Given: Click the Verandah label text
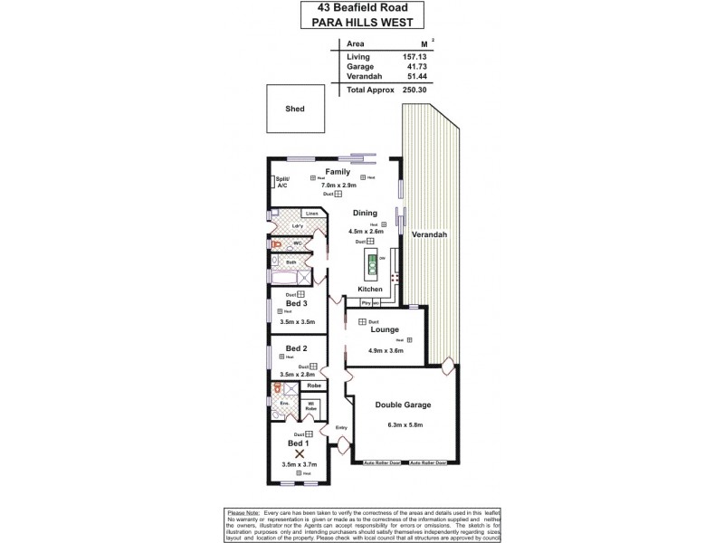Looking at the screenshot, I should click(x=428, y=234).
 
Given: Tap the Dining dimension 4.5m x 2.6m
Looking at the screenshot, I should click(x=366, y=231).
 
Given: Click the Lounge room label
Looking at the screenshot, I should click(x=379, y=331).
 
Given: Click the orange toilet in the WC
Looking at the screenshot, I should click(x=275, y=244).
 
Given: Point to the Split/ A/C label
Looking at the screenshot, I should click(x=281, y=182).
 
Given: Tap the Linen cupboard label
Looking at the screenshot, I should click(x=310, y=214).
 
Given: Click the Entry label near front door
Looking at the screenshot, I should click(x=341, y=428).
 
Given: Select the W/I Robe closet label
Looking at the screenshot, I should click(x=310, y=406).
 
